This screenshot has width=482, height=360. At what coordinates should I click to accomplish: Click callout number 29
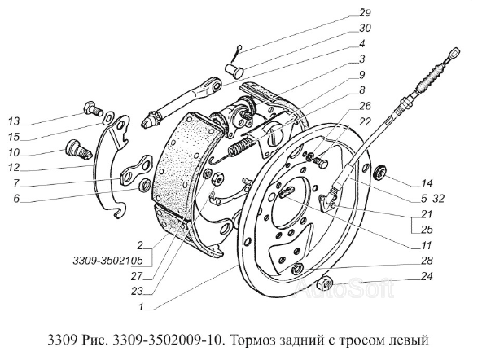pos(365,13)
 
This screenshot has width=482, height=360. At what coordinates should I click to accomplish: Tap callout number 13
pos(14,121)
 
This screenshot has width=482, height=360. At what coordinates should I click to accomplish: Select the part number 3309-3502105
pos(108,261)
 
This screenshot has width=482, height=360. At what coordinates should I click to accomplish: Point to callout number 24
pos(426,276)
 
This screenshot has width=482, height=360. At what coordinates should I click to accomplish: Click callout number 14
pos(427,183)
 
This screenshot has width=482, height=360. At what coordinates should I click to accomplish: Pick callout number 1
pos(141,306)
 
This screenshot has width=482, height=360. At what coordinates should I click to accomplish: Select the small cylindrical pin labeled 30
pos(234,69)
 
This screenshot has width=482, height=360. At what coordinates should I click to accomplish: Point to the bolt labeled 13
pos(93,109)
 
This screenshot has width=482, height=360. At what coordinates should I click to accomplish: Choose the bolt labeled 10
pos(78,149)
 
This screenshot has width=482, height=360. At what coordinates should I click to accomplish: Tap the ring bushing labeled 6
pos(145,184)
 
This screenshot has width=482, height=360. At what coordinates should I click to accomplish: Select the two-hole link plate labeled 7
pos(135,170)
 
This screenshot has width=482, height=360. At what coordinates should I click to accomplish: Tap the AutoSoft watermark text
pos(344,288)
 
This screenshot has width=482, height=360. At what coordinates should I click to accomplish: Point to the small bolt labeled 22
pos(322,160)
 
